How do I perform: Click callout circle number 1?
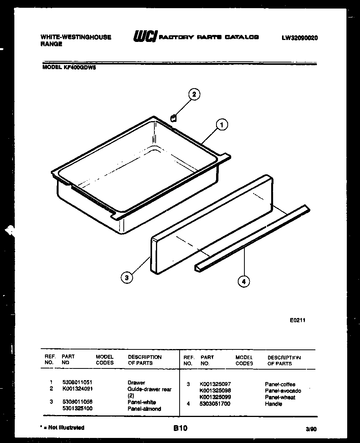[222, 125]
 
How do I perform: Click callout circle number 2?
[194, 94]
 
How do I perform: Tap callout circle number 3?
[125, 277]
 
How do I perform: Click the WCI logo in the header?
[144, 37]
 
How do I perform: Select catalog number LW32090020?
[300, 38]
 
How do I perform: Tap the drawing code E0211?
[298, 320]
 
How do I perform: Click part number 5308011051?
[77, 382]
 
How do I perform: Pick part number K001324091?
[77, 389]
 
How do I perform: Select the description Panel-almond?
[144, 408]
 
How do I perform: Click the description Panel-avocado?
[283, 391]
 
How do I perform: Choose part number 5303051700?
[215, 404]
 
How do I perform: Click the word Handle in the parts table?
[273, 404]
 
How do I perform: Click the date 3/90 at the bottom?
[311, 429]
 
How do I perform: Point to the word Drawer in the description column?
[136, 382]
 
